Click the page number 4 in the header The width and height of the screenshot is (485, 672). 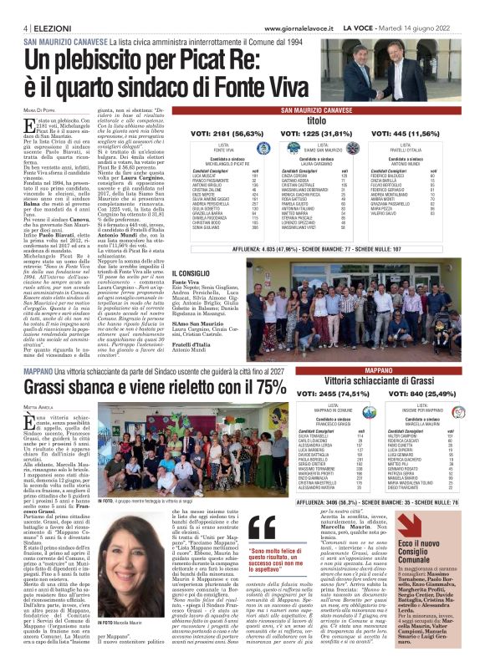pos(15,27)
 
